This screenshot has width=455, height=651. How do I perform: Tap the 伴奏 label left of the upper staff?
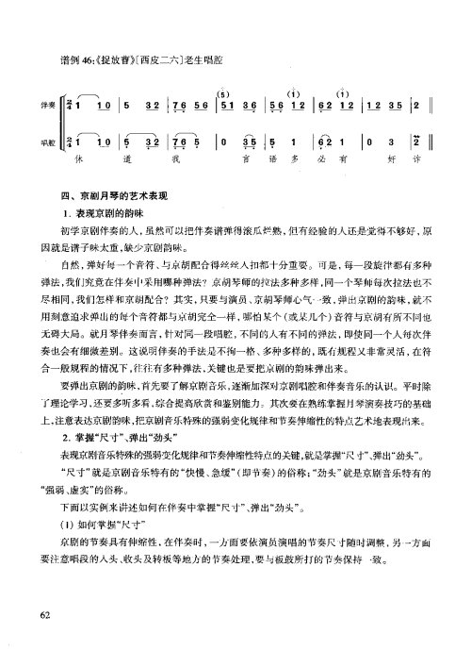[x=44, y=106]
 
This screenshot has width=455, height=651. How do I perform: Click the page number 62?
[x=45, y=590]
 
